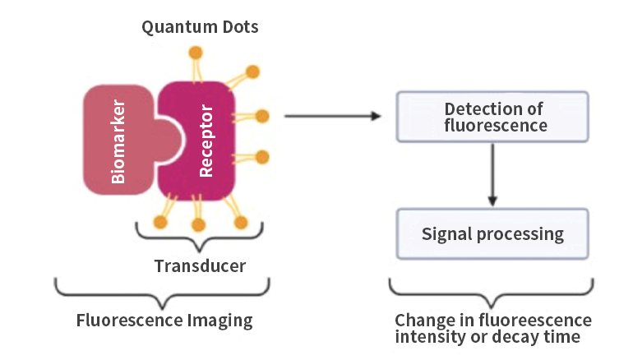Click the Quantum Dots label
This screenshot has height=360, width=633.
[x=200, y=27]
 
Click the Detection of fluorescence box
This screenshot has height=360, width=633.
[x=492, y=117]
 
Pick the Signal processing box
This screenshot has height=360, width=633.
[x=492, y=233]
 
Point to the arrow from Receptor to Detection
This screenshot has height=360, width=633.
[x=333, y=116]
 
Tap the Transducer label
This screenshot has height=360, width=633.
[x=200, y=265]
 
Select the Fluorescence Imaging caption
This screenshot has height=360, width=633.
[x=164, y=320]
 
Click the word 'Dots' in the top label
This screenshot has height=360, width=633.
[x=238, y=27]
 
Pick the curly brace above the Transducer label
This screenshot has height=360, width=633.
[x=200, y=237]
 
